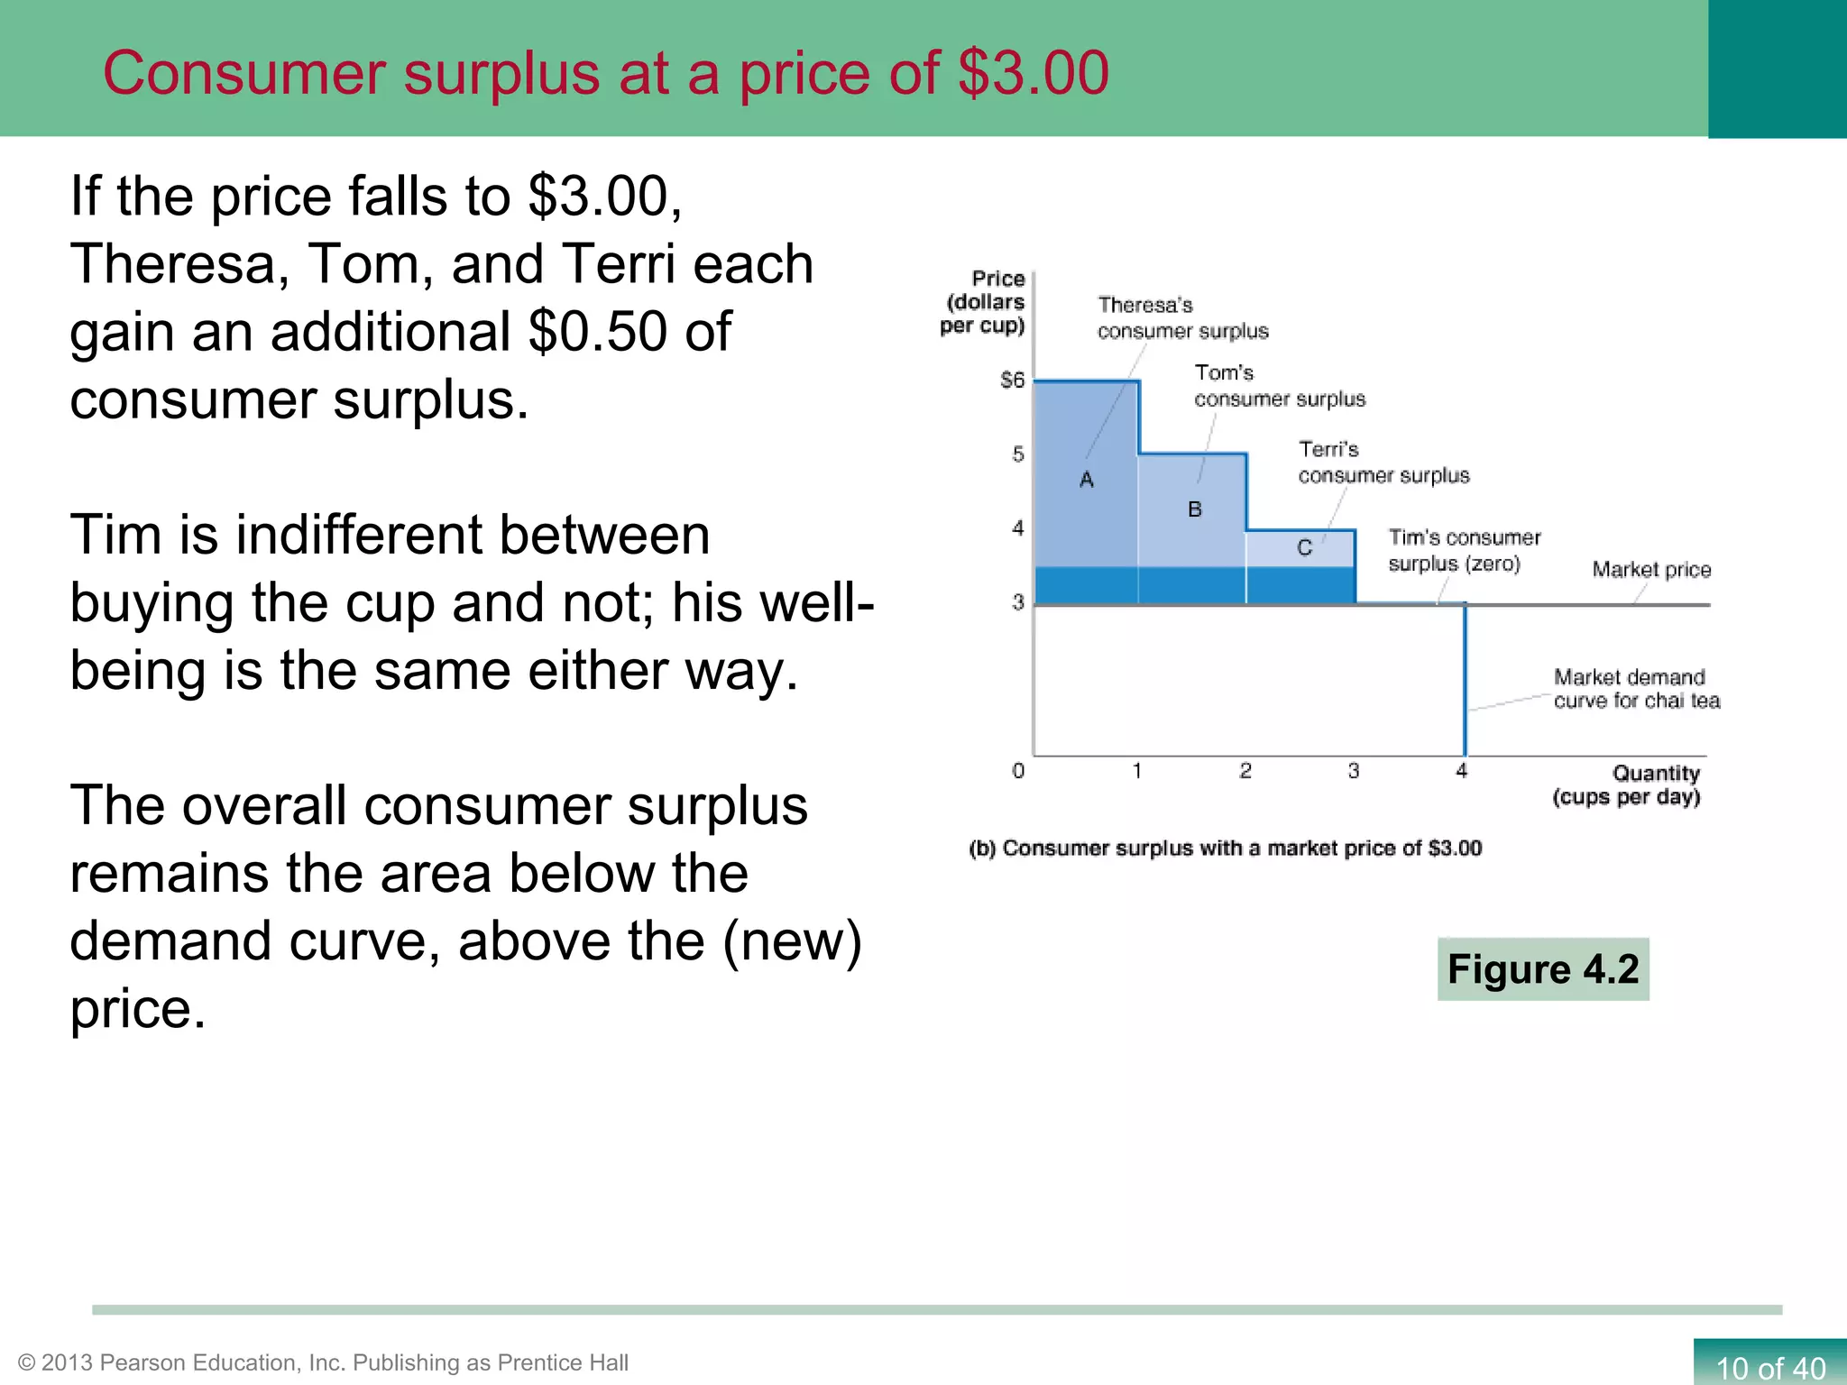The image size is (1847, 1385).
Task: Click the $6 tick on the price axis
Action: click(1013, 380)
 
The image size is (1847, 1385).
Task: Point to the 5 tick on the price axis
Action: click(1018, 454)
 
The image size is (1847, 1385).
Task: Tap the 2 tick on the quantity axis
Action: click(1245, 771)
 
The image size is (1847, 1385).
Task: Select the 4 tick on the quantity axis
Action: click(1462, 771)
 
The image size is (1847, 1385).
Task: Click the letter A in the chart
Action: click(1087, 480)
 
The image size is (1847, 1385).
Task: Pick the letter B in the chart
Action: click(1195, 509)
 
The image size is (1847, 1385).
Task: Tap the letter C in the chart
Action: click(1304, 547)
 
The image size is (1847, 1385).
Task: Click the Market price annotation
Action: click(1651, 570)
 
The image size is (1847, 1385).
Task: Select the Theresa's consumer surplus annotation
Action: click(1182, 318)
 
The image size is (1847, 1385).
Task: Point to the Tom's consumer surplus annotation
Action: click(1279, 386)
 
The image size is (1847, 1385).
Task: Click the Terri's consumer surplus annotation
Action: click(1383, 463)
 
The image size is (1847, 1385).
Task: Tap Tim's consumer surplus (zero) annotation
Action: click(1464, 551)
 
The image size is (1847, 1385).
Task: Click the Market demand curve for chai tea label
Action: click(1636, 689)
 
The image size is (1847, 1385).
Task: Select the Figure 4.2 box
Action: click(1543, 969)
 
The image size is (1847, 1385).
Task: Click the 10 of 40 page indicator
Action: click(1769, 1367)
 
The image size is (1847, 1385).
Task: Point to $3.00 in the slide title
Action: click(1034, 73)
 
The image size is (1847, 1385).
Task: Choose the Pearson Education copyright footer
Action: click(323, 1362)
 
